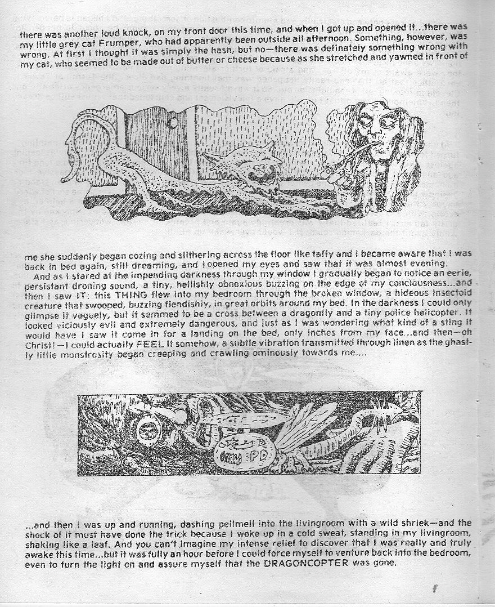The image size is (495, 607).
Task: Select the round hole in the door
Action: (173, 122)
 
